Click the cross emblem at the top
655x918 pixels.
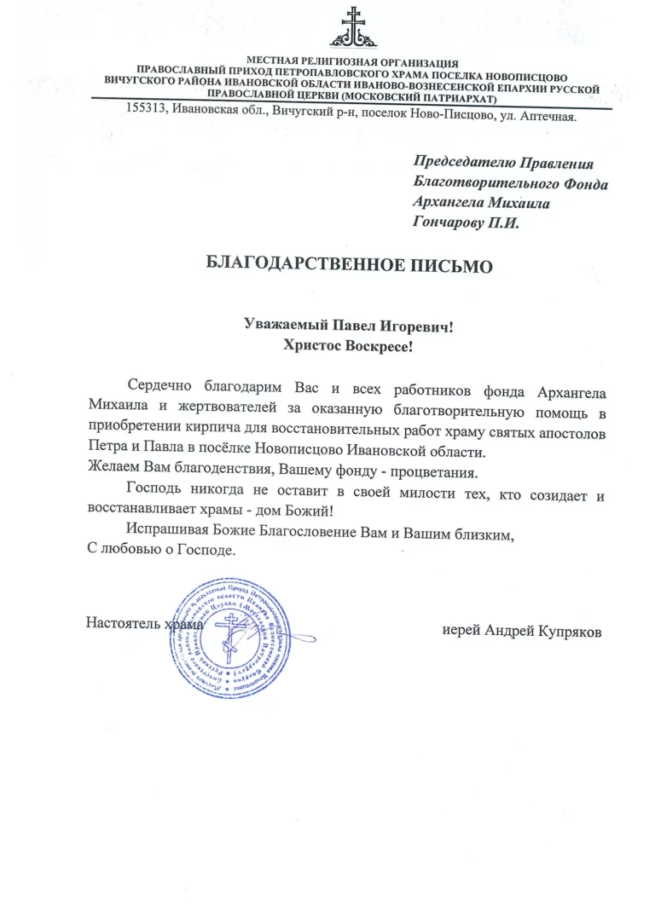click(x=351, y=27)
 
